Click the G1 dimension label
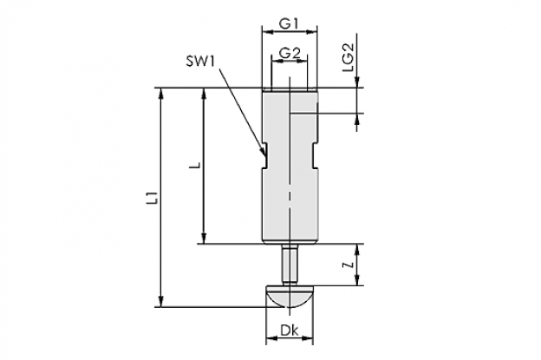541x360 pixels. point(289,24)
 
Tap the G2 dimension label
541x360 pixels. point(289,53)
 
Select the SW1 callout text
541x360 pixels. point(201,62)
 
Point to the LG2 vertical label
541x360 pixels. point(349,57)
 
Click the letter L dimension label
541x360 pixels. point(195,166)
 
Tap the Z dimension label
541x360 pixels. point(350,265)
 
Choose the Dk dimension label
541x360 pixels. point(289,331)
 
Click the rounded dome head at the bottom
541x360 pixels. point(289,296)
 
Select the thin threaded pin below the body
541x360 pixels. point(289,265)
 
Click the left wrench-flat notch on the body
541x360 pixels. point(264,155)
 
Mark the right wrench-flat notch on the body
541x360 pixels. point(315,155)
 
